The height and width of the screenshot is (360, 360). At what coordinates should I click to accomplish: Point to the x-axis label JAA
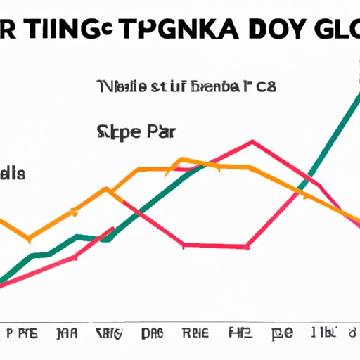click(x=68, y=332)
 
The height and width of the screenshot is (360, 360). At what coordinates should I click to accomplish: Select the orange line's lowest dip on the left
click(x=28, y=236)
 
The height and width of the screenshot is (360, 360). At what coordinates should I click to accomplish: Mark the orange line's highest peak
click(x=182, y=159)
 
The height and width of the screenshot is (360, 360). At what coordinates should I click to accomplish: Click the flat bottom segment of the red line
click(x=215, y=245)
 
